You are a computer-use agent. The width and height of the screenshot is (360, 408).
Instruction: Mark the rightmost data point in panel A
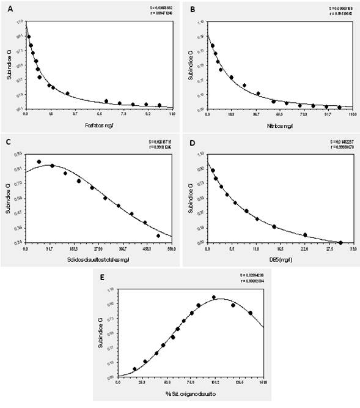(160, 105)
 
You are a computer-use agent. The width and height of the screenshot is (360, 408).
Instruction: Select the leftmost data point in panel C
(39, 162)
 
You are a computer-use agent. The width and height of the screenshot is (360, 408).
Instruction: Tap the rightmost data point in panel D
(340, 242)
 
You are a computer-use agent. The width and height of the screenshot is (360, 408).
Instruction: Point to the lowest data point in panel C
(158, 236)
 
